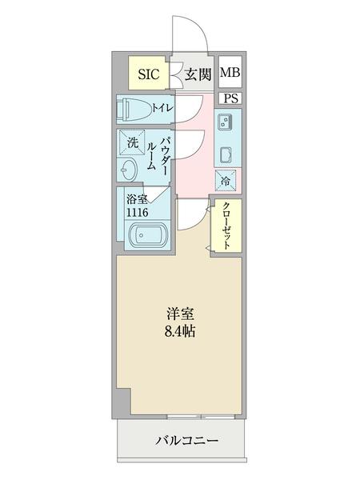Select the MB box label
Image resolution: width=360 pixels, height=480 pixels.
pos(230,74)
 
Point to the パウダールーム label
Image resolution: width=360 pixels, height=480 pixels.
pos(158,157)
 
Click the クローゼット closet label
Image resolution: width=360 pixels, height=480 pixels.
pos(226,226)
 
